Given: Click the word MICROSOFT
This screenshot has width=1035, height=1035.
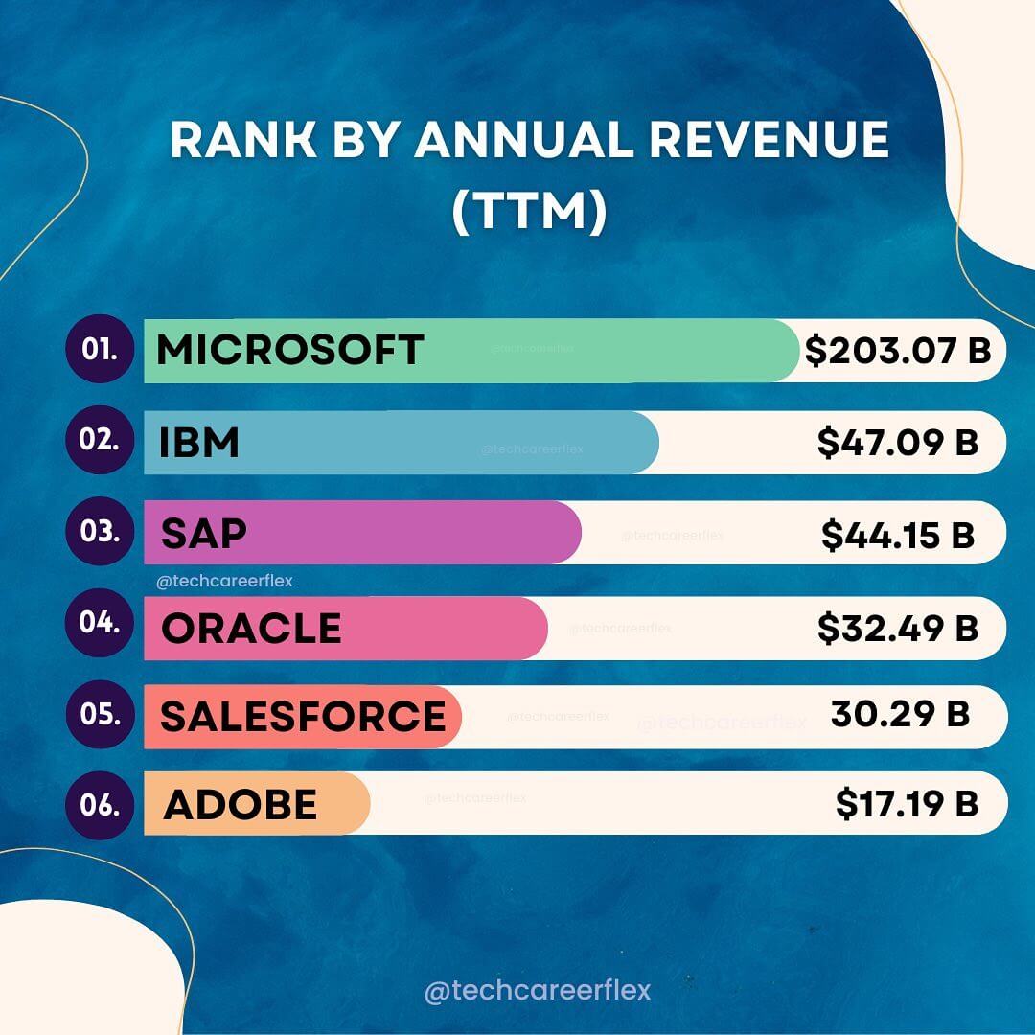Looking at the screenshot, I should (x=289, y=350).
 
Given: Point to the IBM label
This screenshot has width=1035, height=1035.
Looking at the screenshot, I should (x=199, y=444).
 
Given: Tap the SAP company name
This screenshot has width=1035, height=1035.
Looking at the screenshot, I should (x=203, y=533).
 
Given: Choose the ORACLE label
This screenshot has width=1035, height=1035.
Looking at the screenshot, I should (x=251, y=629).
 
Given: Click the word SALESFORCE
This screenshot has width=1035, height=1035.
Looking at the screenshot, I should (x=303, y=717).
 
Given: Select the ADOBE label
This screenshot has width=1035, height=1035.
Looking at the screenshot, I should (x=240, y=805).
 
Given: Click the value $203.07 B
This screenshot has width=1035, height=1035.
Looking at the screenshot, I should (x=898, y=351).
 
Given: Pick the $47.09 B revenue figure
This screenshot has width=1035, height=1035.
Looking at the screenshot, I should (x=898, y=443).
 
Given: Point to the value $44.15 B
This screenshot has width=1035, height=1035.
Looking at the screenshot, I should (x=898, y=534).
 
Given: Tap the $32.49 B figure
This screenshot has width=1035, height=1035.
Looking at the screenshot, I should (x=898, y=628).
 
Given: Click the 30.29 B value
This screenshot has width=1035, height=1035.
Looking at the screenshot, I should (x=900, y=714).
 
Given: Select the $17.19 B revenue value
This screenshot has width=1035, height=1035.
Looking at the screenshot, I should (x=907, y=804).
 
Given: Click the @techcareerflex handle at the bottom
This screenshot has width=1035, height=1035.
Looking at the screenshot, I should (x=537, y=990).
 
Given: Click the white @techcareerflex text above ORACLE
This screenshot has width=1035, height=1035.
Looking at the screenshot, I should (x=223, y=581).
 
